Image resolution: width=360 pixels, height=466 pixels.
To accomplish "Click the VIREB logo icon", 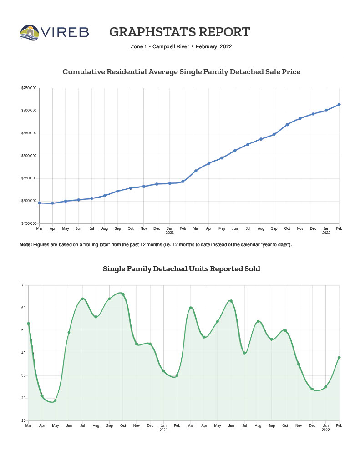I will point(30,32).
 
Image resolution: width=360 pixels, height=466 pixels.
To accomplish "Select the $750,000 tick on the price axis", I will point(29,88).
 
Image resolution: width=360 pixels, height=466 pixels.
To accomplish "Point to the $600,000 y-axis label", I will point(29,156).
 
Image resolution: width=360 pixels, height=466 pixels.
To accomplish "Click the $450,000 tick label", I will point(29,223).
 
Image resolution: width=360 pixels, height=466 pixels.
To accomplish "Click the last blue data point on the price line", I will point(339,105).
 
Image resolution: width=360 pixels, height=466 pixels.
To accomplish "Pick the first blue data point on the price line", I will point(40,203).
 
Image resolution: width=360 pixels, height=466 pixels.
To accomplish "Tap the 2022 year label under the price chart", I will point(326,233).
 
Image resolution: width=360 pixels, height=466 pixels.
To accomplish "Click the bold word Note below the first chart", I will point(25,245).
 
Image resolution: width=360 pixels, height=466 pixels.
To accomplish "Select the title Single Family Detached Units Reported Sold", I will point(182,269).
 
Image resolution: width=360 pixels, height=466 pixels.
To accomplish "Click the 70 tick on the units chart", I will point(23,285).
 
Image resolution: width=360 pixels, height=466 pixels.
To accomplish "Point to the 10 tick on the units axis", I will point(23,420).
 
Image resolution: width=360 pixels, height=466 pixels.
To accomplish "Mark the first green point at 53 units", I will point(29,324).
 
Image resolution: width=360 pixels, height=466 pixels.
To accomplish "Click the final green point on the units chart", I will point(339,358).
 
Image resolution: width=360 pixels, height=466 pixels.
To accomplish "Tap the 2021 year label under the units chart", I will point(163,430).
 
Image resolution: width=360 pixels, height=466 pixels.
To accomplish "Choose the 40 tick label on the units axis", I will point(23,353).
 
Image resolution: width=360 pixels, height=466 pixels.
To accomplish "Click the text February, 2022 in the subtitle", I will point(214,46).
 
